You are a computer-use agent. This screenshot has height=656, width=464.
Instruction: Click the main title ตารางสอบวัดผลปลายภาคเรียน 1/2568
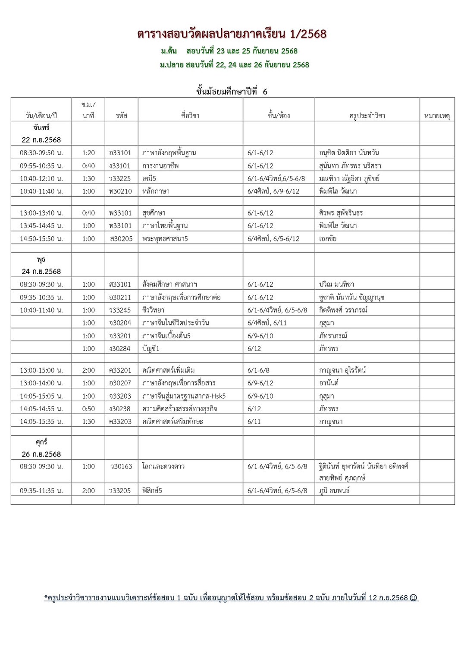click(232, 34)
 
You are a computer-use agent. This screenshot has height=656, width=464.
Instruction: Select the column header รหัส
click(121, 116)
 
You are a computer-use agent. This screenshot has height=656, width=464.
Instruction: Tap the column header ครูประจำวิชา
click(367, 116)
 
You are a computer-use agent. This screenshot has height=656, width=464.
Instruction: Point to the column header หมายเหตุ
click(437, 116)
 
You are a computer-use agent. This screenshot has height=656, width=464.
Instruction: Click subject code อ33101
click(120, 153)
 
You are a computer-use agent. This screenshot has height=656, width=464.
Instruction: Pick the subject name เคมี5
click(149, 178)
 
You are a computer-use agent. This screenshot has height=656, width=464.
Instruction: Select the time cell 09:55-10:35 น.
click(41, 166)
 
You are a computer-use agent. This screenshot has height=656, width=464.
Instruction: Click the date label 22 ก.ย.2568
click(41, 140)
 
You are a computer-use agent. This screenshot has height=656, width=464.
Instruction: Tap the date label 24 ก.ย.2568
click(41, 272)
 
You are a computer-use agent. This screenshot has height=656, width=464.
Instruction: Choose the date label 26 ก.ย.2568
click(41, 454)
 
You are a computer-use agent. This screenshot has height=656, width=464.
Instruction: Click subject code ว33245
click(120, 310)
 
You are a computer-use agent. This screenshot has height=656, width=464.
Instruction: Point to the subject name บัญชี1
click(151, 349)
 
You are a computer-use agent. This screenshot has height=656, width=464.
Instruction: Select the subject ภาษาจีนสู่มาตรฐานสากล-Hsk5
click(184, 396)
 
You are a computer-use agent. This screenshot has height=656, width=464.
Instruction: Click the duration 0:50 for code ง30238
click(88, 409)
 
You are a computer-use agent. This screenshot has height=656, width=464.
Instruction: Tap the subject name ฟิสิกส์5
click(152, 490)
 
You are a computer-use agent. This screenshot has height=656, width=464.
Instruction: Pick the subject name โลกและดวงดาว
click(163, 466)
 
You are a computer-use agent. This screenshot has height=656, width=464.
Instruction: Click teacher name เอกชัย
click(328, 239)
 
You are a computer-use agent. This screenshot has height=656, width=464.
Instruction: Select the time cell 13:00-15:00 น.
click(41, 370)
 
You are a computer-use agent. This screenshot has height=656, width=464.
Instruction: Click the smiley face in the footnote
click(414, 598)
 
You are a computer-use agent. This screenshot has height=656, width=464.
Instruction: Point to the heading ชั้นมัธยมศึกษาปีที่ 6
click(232, 91)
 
